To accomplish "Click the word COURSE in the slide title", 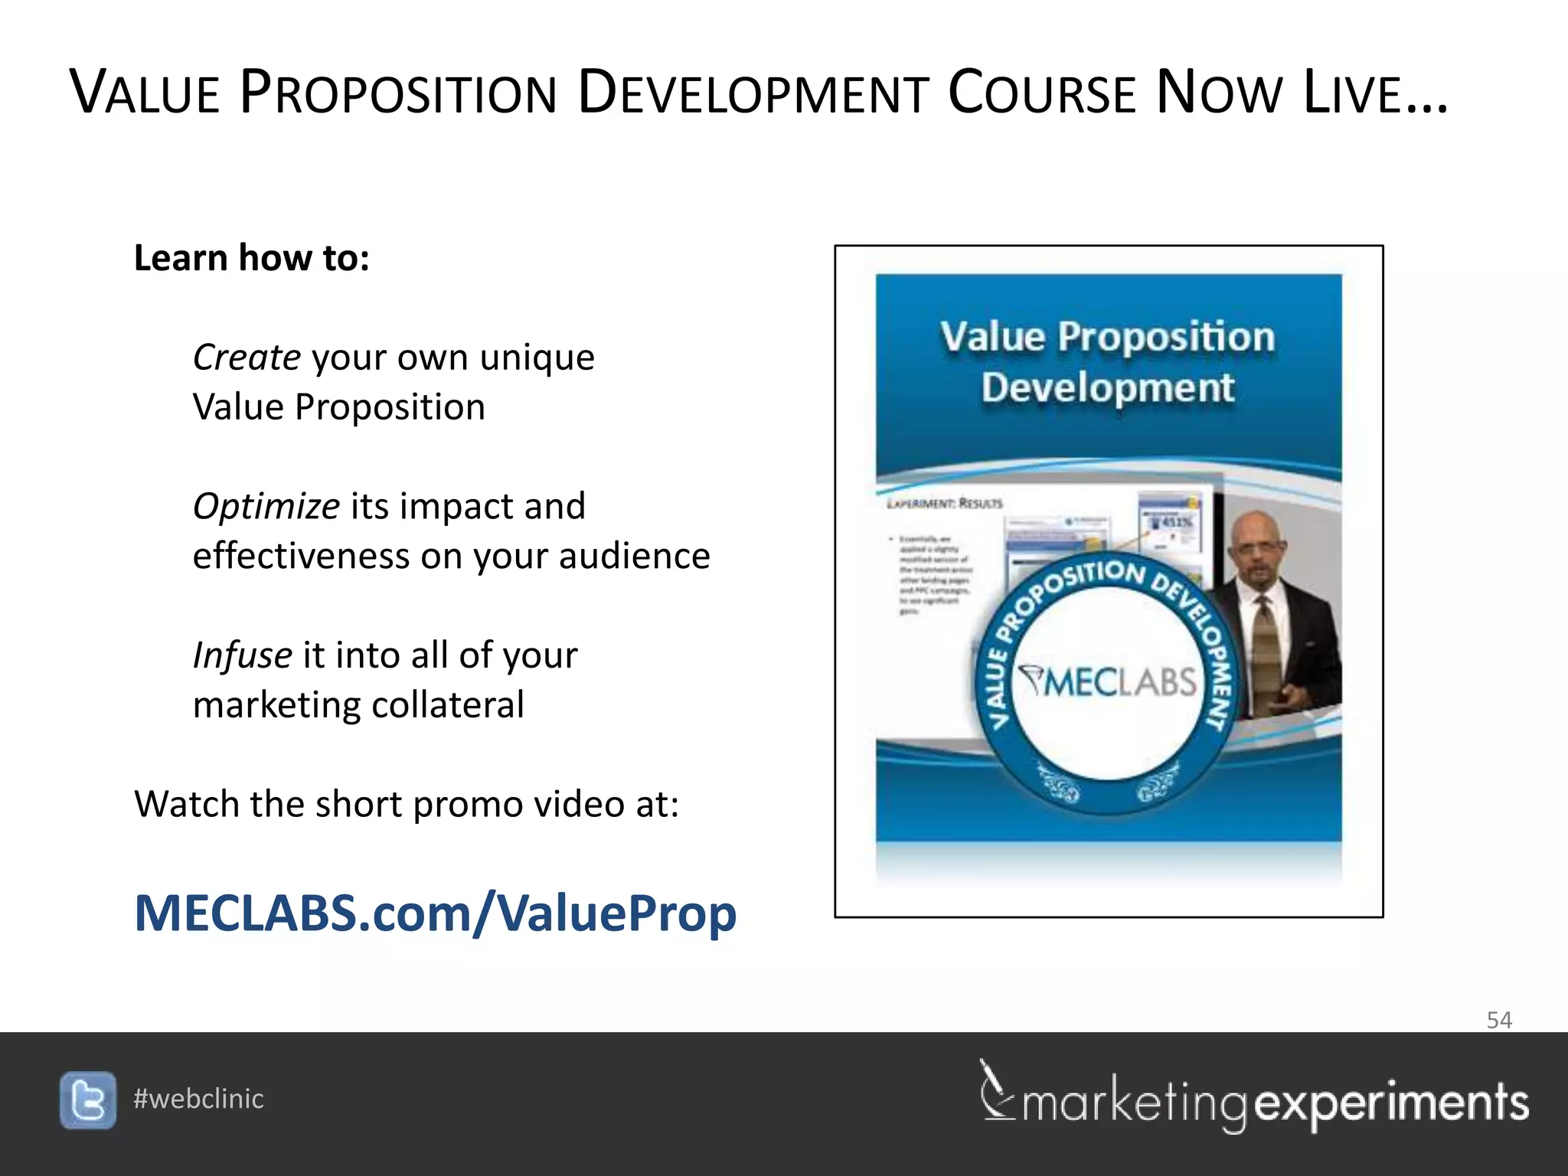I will [x=1042, y=93].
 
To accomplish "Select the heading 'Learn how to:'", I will [x=251, y=258].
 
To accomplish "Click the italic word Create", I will [x=247, y=358].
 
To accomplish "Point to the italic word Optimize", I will [x=266, y=507].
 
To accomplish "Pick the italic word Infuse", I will [x=242, y=655].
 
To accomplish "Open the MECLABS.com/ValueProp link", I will [x=435, y=913].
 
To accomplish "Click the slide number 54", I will [x=1498, y=1020].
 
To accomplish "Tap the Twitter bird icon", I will [x=88, y=1100].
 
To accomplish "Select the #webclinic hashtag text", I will [x=198, y=1099].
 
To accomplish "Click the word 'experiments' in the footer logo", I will [x=1391, y=1103].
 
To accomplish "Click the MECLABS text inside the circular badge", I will [x=1108, y=681].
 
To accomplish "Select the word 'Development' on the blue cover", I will [x=1107, y=387].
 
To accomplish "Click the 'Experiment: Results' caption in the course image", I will [x=944, y=504].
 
